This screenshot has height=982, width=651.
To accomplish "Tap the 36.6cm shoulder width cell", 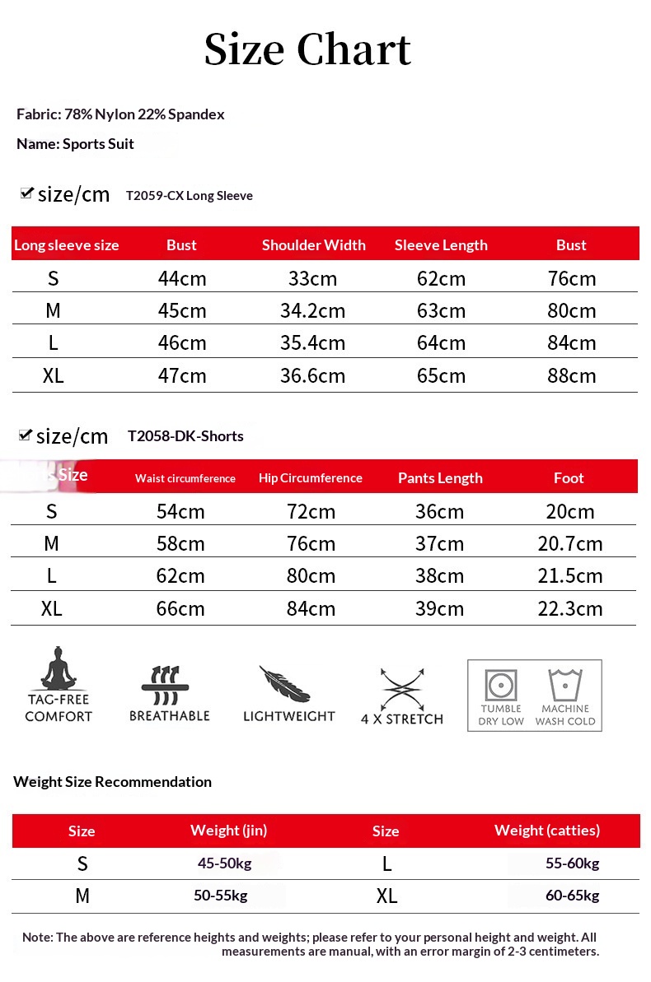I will point(313,376).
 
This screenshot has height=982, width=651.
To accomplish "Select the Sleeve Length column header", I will point(441,245).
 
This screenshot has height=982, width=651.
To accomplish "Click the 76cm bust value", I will point(572,279).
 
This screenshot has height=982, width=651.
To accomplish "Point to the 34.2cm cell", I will point(313,311).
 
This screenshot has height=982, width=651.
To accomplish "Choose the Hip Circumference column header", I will point(311,478).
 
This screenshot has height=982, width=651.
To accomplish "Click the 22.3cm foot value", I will point(570,609).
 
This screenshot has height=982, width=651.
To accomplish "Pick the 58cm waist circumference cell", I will point(180,544).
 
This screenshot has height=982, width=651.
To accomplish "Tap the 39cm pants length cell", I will point(439,609).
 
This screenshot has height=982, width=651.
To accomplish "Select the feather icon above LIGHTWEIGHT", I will point(284,684).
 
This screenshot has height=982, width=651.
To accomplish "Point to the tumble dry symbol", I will point(501,684).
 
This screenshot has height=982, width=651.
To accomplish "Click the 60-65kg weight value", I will point(572,896).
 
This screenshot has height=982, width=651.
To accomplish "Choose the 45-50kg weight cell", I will point(224,863).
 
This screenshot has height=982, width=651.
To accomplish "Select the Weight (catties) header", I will point(547,831).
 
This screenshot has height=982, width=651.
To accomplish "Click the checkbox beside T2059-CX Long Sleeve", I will point(26,193).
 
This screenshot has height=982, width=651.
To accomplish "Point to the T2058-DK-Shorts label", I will point(185,436).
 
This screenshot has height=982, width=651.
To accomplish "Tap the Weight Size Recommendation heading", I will point(113,782).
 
